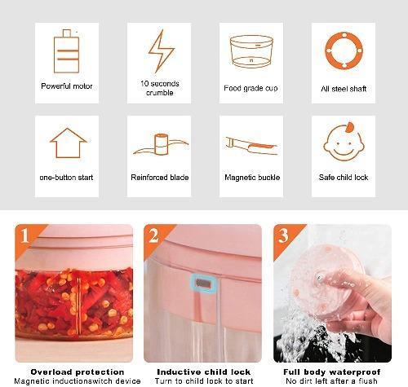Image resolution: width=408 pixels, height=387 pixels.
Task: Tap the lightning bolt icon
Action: point(160,51)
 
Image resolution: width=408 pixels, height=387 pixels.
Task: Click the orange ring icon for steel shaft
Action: point(343,51)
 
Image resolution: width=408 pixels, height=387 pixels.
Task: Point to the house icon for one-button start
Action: point(68,143)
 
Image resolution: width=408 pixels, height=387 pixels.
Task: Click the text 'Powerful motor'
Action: point(68,86)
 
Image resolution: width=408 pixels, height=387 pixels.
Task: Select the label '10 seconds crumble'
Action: point(160,88)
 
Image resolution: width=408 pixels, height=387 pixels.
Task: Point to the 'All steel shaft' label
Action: point(344,87)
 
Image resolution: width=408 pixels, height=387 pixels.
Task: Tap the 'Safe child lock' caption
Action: point(344,177)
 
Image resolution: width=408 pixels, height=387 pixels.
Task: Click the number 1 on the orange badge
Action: point(24,237)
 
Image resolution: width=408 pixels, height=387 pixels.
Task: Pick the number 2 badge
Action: point(153,235)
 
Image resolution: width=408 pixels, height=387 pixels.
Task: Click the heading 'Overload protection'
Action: point(73,372)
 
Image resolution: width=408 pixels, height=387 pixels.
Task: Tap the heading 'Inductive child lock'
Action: point(202,372)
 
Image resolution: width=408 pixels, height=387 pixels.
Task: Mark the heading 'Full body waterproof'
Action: point(332,372)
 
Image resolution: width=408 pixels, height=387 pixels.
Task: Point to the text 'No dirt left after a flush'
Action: point(332,381)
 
